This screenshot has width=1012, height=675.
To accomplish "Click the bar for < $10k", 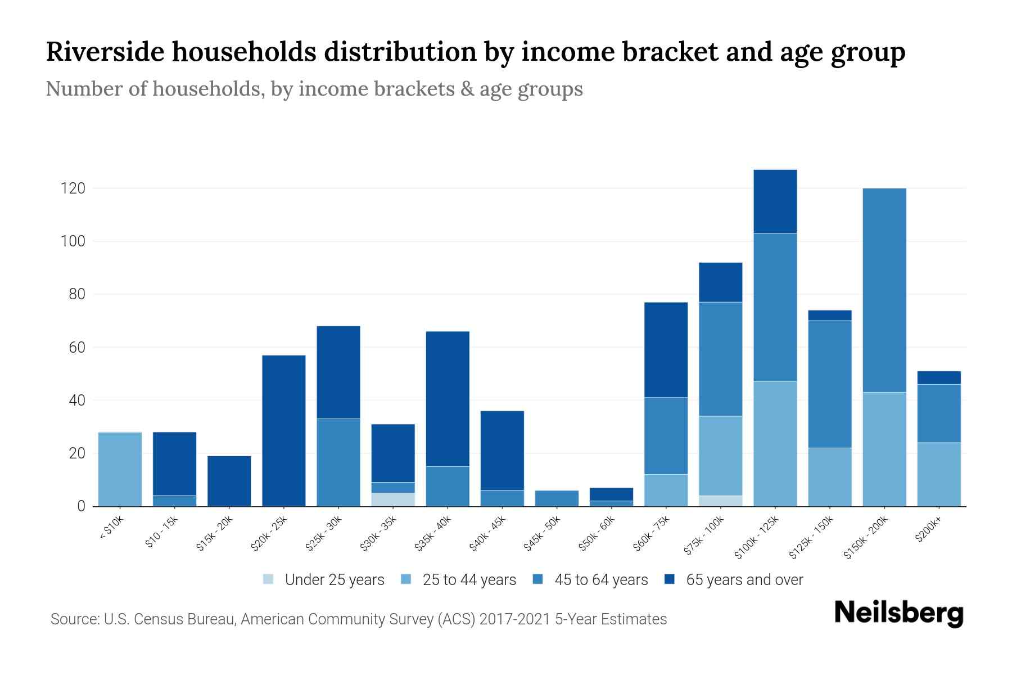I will point(120,469).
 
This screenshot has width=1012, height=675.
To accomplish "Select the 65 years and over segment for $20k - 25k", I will point(284,430).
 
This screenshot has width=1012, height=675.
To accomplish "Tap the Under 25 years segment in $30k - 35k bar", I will point(393,499).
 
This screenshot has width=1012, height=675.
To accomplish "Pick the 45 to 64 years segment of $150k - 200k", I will point(884,290).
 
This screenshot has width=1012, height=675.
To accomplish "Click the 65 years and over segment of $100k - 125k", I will point(775,201).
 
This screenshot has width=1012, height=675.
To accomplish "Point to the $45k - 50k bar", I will point(557,498).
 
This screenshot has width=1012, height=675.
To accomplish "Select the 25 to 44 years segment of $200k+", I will point(939,474).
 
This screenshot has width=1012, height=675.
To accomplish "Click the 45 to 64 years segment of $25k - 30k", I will point(338,462).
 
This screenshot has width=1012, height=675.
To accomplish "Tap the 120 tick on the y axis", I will point(73,188).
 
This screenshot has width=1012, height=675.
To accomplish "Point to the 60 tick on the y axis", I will point(76,348).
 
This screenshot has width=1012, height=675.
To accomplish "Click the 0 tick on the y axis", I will point(81,506).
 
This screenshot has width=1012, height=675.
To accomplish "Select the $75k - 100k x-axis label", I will point(705,535).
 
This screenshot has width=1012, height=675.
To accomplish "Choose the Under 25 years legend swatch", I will point(269,579).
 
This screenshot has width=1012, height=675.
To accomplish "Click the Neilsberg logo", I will point(898,614).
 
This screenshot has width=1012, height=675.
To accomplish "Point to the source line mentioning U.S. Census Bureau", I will point(358,619).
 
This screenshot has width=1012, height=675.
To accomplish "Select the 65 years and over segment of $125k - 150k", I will point(830,315).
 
